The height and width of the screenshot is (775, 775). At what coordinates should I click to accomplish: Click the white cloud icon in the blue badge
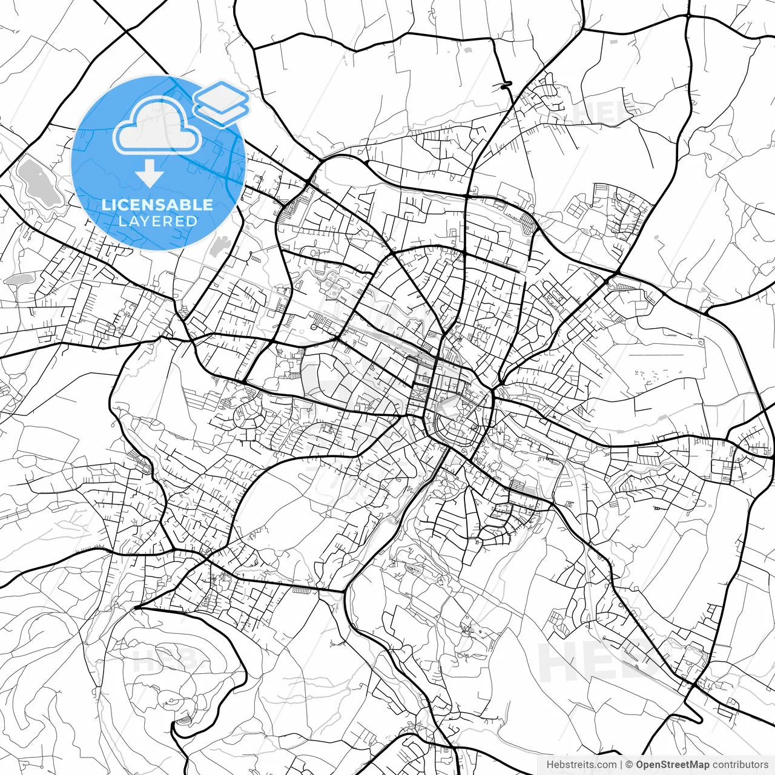pyautogui.click(x=157, y=126)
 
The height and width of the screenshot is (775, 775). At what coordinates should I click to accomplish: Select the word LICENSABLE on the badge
pyautogui.click(x=157, y=205)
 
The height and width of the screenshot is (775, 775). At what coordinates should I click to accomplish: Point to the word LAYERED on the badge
pyautogui.click(x=157, y=222)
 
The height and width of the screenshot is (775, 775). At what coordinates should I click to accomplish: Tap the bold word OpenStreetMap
pyautogui.click(x=671, y=765)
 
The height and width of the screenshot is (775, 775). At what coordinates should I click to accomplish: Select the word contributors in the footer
pyautogui.click(x=740, y=765)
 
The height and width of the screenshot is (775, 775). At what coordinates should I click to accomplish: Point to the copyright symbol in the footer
pyautogui.click(x=629, y=765)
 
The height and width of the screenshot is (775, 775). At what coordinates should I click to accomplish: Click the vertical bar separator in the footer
pyautogui.click(x=621, y=765)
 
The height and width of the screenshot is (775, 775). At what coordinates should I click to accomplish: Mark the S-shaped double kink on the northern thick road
pyautogui.click(x=504, y=86)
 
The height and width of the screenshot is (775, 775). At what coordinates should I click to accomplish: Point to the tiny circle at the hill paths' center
pyautogui.click(x=172, y=701)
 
